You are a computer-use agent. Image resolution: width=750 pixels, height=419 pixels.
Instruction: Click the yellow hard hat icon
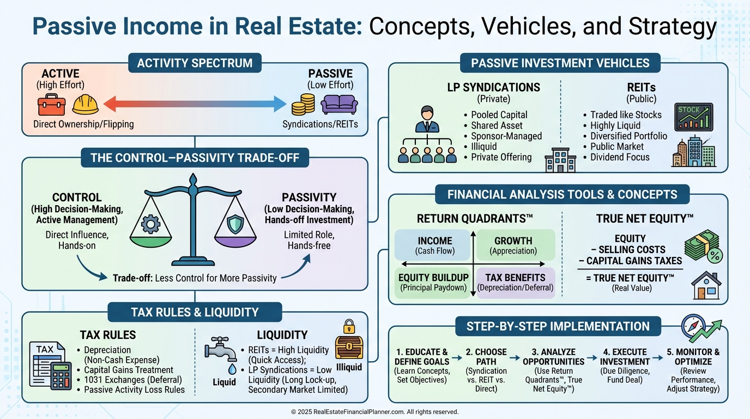pos(85,104)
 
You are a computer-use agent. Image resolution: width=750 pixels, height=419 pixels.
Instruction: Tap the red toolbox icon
pos(51,105)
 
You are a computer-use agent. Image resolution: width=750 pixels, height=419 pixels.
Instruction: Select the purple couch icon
pos(339,104)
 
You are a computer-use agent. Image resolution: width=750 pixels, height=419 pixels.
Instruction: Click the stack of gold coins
pos(303,104)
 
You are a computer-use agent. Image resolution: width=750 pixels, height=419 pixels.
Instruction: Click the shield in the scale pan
pos(235,224)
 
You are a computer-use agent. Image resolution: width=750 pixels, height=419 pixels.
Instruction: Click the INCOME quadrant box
pos(434,245)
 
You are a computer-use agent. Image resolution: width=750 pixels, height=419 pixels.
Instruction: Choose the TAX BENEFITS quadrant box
pos(516,282)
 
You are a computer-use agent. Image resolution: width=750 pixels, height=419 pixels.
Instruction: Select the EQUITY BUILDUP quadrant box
pos(433,282)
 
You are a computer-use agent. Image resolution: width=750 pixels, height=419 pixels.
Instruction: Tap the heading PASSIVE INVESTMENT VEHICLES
pos(560,63)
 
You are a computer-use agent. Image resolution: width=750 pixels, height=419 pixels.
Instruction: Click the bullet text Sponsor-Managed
pos(506,136)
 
